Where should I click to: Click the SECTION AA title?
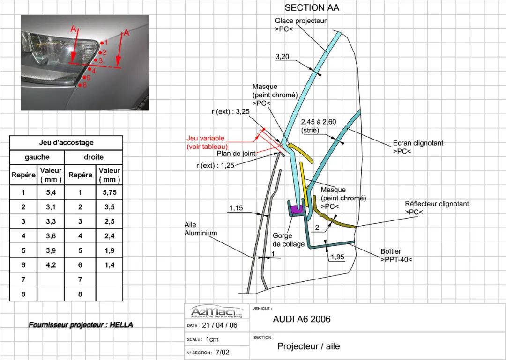tap(312, 7)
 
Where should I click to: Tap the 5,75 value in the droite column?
tap(109, 192)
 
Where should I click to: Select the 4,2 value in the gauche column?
tap(51, 265)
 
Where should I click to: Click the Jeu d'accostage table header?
tap(66, 142)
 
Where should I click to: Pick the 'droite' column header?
tap(94, 157)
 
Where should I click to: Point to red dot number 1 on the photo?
tap(102, 43)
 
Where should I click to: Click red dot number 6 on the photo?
tap(80, 85)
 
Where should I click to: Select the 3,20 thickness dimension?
tap(282, 57)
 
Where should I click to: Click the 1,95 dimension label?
tap(337, 257)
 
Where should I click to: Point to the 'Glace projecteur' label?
tap(300, 25)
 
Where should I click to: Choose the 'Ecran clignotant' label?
tap(418, 147)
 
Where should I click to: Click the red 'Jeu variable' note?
tap(207, 142)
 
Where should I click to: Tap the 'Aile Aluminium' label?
tap(201, 229)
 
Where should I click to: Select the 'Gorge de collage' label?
tap(289, 240)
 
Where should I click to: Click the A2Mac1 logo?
tap(217, 312)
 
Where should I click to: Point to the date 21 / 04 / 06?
tap(219, 325)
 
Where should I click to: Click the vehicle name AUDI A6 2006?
tap(302, 319)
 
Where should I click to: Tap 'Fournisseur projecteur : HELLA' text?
tap(81, 325)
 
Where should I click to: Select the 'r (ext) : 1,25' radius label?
tap(215, 165)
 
